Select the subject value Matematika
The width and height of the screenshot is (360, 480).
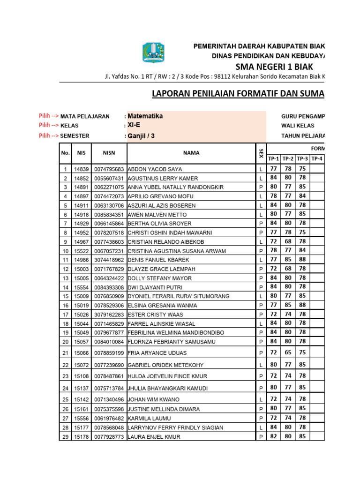click(x=145, y=116)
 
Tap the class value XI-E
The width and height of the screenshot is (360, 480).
click(x=135, y=125)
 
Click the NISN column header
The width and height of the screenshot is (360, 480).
click(x=109, y=153)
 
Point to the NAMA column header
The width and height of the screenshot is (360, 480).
click(x=191, y=153)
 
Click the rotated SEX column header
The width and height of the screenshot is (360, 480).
click(x=261, y=153)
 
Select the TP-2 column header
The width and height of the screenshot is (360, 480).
click(x=288, y=159)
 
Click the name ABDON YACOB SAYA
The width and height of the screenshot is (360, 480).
click(x=155, y=169)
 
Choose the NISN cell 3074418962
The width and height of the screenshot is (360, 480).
click(x=109, y=260)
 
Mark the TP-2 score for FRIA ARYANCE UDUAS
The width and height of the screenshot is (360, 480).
click(x=288, y=352)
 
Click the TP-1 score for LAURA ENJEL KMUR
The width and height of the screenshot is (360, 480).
click(x=273, y=436)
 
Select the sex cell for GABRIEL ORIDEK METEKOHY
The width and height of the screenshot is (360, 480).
click(x=261, y=365)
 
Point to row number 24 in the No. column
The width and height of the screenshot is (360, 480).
click(x=65, y=388)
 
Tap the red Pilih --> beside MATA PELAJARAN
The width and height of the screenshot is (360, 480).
click(x=49, y=116)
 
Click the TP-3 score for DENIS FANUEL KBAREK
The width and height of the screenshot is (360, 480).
click(x=302, y=259)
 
